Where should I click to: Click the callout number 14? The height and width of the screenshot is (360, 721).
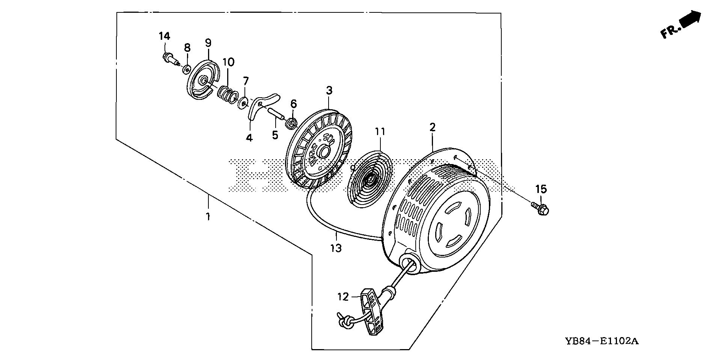(164, 36)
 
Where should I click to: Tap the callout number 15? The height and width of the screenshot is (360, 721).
(541, 189)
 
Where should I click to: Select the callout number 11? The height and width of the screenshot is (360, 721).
(380, 132)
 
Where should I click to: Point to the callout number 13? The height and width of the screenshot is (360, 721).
(336, 248)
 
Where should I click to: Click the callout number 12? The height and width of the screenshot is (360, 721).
(343, 297)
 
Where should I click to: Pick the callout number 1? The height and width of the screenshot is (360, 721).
(208, 217)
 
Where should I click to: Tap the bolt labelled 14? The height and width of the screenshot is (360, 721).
(170, 59)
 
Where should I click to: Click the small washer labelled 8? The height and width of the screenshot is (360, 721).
(186, 69)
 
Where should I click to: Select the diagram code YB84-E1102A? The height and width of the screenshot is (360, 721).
(601, 341)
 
